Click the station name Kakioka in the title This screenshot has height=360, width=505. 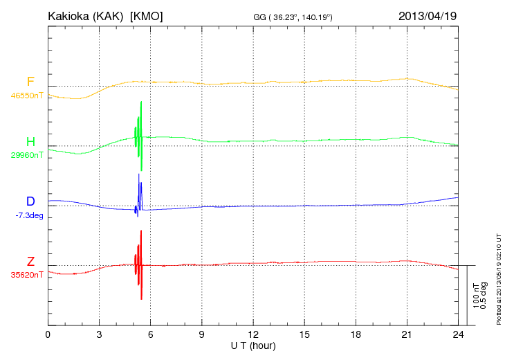click(73, 15)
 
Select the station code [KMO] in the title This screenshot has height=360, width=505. click(147, 15)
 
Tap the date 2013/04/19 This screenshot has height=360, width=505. click(428, 15)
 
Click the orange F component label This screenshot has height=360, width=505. click(30, 82)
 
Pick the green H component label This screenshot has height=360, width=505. click(30, 142)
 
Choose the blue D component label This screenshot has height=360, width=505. click(30, 201)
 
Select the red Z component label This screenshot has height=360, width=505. click(30, 261)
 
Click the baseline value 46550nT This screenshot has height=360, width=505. click(26, 95)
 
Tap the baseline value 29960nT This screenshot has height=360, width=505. click(26, 155)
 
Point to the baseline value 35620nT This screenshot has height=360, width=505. click(26, 275)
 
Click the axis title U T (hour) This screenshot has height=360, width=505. click(253, 345)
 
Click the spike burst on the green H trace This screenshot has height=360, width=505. click(139, 135)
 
